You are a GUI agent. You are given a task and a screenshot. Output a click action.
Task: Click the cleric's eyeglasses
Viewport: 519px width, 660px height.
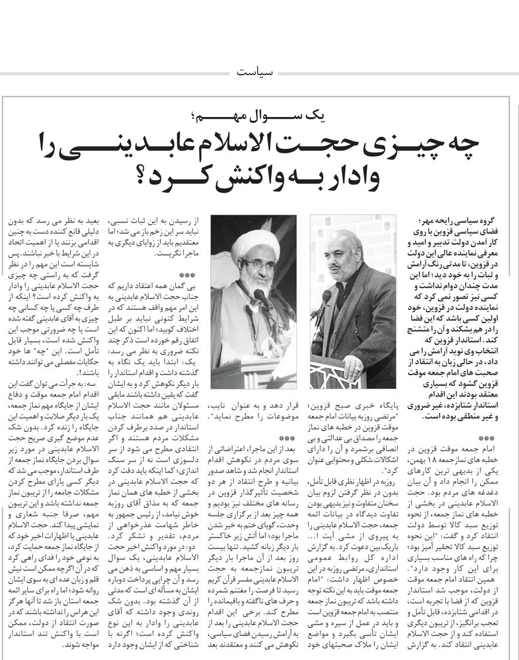(257, 264)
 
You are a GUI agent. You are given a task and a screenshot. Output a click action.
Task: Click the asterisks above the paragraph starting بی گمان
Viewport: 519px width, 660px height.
(187, 291)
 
